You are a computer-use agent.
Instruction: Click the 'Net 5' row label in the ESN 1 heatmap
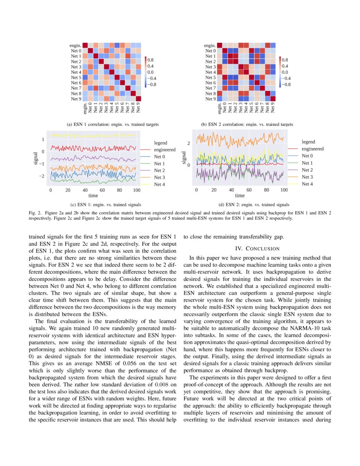76,78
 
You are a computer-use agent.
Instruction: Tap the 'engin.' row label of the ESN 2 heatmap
210,45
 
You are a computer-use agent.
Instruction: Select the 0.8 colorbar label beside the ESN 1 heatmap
150,60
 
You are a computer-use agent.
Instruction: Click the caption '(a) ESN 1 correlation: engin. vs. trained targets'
113,125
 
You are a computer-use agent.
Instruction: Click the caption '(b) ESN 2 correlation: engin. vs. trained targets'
247,125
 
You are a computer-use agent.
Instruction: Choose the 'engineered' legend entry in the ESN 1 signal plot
165,150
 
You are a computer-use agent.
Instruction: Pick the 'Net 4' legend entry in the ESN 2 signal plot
307,183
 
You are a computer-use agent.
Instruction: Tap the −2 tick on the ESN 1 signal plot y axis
42,176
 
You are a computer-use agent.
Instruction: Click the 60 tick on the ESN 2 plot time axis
249,190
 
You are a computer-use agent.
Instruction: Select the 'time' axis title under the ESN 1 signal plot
93,196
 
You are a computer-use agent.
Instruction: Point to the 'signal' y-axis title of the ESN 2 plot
184,157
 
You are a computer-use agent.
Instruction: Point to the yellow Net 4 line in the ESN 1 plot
93,135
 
